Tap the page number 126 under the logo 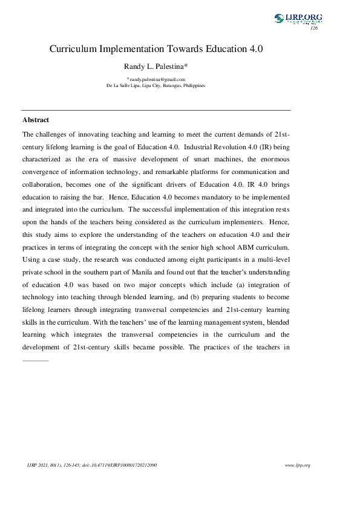313,28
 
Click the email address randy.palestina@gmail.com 156,79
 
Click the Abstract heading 36,120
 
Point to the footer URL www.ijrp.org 297,465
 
